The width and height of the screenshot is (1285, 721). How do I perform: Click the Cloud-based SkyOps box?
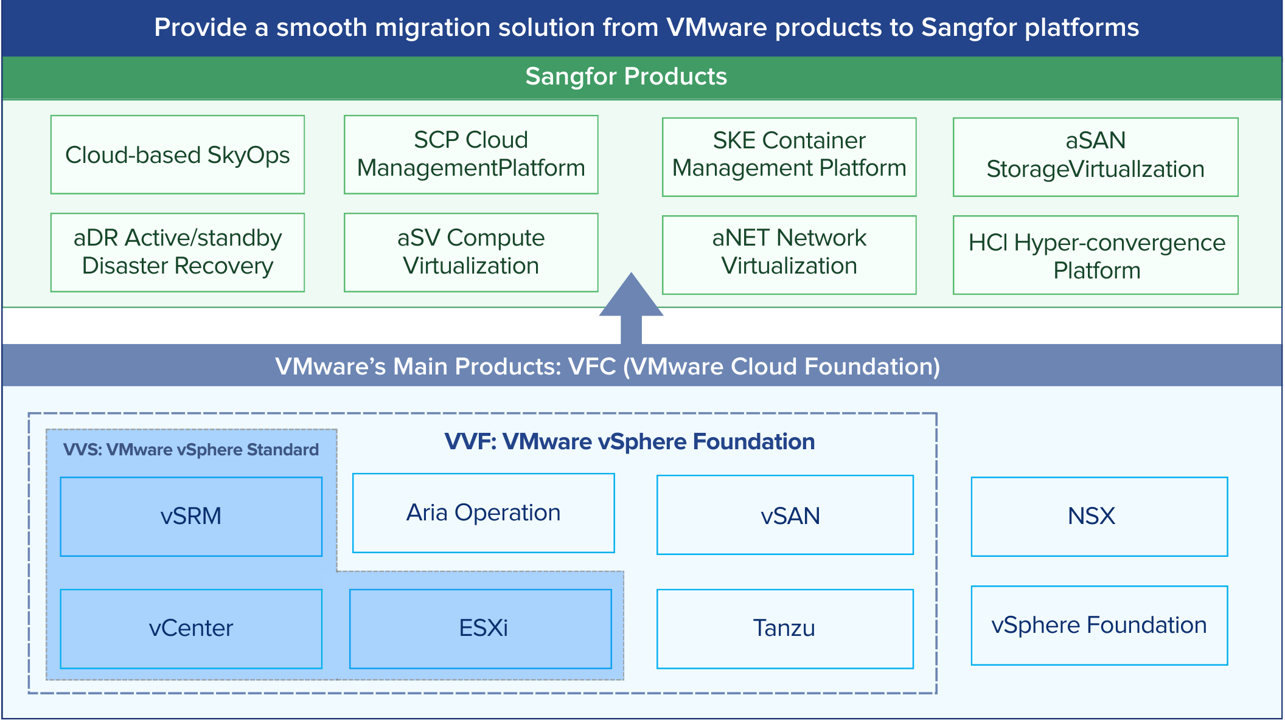coord(177,155)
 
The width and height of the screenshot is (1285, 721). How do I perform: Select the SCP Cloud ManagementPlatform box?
coord(471,154)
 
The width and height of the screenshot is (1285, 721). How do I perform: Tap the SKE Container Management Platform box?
coord(789,157)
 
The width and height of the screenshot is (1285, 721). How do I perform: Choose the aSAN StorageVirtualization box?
coord(1095,157)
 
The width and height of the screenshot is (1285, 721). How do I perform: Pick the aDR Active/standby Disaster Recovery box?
coord(177,252)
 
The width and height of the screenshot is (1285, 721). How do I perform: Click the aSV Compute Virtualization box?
coord(471,252)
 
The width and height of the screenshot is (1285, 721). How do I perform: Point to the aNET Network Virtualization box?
coord(789,255)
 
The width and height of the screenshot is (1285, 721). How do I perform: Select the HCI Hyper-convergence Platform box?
coord(1095,255)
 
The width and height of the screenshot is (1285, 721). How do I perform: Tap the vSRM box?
coord(191,517)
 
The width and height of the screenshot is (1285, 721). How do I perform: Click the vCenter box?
coord(191,629)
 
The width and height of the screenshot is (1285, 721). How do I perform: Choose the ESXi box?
coord(481,629)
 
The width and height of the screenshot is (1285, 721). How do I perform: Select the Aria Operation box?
coord(483,513)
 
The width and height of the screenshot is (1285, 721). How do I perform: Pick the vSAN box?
coord(785,515)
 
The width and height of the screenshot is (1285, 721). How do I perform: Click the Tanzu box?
coord(785,629)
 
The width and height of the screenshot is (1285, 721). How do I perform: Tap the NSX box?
coord(1099,517)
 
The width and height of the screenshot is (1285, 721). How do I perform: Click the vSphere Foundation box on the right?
coord(1099,626)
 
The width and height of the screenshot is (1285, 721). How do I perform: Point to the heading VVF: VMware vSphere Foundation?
coord(630,441)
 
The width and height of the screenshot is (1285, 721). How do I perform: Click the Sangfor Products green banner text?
coord(626,77)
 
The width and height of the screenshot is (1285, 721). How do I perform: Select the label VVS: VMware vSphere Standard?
coord(191,450)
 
